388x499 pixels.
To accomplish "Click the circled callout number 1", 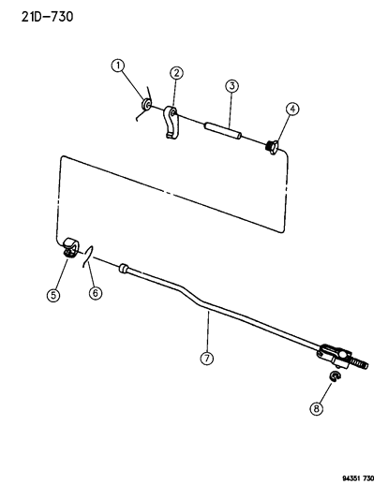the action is pos(118,66).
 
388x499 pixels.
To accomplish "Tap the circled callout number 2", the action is pos(176,73).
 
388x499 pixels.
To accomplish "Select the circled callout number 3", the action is pos(231,86).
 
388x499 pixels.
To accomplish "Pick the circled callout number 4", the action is pos(292,109).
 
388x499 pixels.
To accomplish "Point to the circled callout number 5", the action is pos(53,295).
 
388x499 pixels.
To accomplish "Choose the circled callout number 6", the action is pos(96,292).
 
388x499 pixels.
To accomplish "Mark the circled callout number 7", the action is pos(207,359).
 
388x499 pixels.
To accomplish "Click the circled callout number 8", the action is pos(316,408).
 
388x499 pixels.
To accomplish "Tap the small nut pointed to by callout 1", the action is pos(146,104).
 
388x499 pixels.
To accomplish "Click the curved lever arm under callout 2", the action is pos(171,123).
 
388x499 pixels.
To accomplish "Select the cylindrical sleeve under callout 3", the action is pos(223,130).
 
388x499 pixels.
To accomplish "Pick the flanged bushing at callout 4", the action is pos(272,147).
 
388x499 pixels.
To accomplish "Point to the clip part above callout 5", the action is pos(69,247).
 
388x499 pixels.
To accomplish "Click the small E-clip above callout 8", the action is pos(335,376).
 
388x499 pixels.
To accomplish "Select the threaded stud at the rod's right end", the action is pos(359,363).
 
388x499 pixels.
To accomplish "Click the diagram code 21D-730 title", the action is pos(47,17).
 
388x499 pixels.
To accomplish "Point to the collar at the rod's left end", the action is pos(124,269).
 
